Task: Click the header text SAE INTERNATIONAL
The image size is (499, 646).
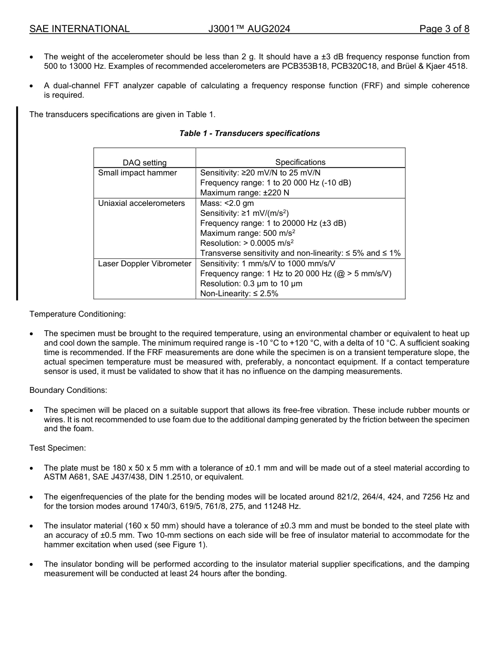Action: click(79, 29)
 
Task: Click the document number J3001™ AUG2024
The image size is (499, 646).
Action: click(249, 29)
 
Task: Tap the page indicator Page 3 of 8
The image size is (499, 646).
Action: click(444, 29)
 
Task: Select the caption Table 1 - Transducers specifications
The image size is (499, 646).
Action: click(250, 133)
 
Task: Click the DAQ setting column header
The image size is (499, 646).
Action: click(144, 163)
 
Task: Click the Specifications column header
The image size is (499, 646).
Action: click(300, 163)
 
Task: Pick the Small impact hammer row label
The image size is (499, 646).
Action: click(138, 173)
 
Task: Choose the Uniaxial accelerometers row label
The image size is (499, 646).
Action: click(141, 203)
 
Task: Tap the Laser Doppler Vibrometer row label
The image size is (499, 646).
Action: click(144, 264)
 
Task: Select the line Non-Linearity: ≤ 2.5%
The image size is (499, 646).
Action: click(239, 294)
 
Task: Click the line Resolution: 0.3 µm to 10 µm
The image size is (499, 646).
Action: click(251, 284)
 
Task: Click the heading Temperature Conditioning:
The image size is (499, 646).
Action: click(78, 314)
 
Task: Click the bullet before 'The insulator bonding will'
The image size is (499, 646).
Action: click(33, 564)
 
